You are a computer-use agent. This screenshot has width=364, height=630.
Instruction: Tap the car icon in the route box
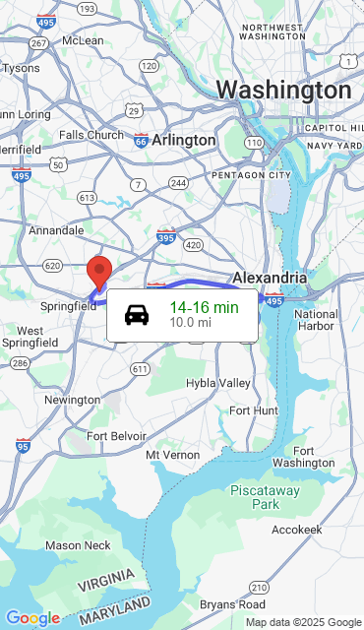pyautogui.click(x=137, y=315)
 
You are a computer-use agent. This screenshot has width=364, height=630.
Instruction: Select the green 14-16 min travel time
pyautogui.click(x=204, y=307)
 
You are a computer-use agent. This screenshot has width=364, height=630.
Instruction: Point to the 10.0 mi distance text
pyautogui.click(x=190, y=322)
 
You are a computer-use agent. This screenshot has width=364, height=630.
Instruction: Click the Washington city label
pyautogui.click(x=283, y=91)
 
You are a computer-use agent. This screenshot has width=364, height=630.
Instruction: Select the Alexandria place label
pyautogui.click(x=270, y=278)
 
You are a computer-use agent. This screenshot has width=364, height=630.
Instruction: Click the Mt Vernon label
pyautogui.click(x=172, y=455)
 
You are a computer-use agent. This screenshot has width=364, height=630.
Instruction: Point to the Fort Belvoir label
pyautogui.click(x=116, y=436)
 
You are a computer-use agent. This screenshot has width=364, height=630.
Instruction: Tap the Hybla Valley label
pyautogui.click(x=218, y=382)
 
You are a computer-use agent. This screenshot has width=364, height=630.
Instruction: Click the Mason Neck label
pyautogui.click(x=78, y=545)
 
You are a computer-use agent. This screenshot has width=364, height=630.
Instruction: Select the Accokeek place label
pyautogui.click(x=296, y=530)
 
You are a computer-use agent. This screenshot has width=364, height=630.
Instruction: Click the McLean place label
pyautogui.click(x=83, y=40)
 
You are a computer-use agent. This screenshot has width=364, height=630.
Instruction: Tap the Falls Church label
pyautogui.click(x=91, y=135)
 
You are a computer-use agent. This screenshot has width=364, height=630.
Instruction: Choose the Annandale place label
pyautogui.click(x=56, y=230)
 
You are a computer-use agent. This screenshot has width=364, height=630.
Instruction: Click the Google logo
pyautogui.click(x=32, y=617)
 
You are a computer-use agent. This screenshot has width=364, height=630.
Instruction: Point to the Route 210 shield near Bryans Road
pyautogui.click(x=257, y=588)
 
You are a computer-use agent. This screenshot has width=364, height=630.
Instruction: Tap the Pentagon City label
pyautogui.click(x=251, y=175)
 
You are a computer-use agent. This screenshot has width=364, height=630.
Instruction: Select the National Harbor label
pyautogui.click(x=316, y=320)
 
